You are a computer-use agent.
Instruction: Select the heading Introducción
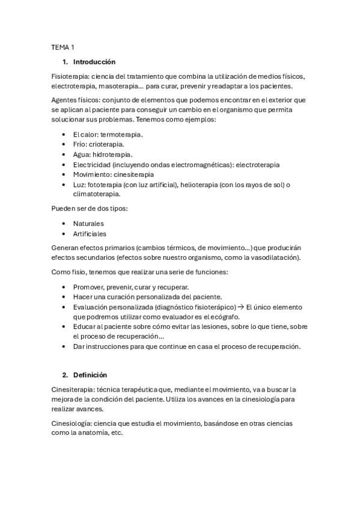[94, 62]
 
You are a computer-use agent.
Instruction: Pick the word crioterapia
[107, 144]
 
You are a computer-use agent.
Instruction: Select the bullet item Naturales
[88, 223]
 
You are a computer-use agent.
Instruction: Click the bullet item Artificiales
[89, 233]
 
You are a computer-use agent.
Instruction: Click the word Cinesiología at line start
[73, 423]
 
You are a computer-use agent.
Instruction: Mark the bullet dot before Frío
[64, 144]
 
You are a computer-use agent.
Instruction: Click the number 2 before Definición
[65, 375]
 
